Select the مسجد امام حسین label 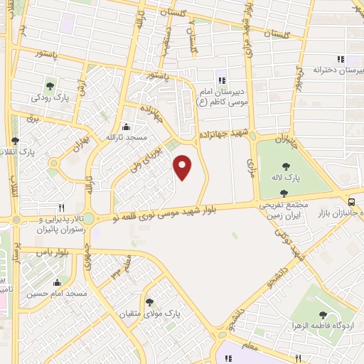[56, 293]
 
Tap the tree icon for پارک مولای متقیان [149, 302]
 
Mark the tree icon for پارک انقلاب [16, 141]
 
